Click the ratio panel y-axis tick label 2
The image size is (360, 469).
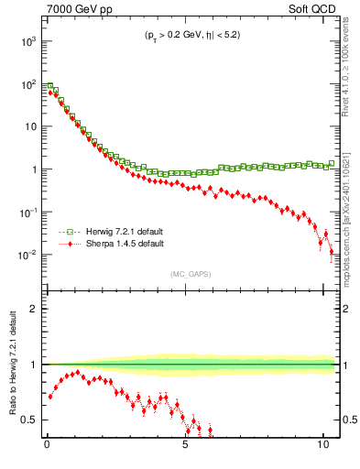pyautogui.click(x=34, y=309)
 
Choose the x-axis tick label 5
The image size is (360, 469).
pyautogui.click(x=185, y=450)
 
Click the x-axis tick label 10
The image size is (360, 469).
pyautogui.click(x=322, y=450)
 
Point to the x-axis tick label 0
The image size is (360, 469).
pyautogui.click(x=47, y=450)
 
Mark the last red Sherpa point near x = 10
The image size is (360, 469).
pyautogui.click(x=332, y=252)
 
